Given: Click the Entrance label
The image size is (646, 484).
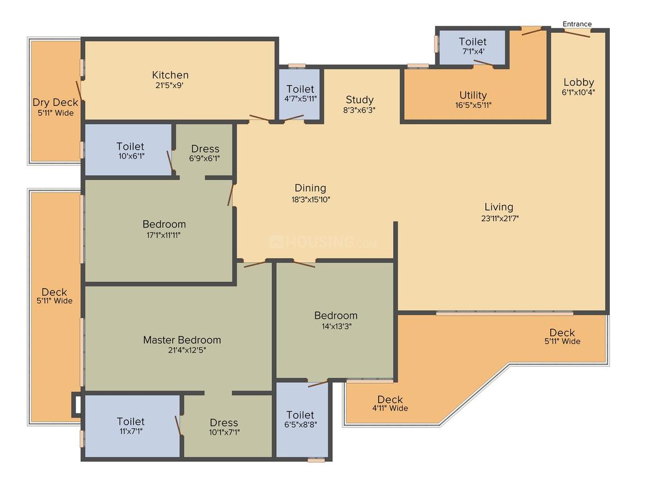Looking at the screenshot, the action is point(577,24).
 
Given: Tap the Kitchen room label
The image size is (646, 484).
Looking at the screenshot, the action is point(170,75).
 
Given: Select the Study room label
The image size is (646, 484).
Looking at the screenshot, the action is point(359,100).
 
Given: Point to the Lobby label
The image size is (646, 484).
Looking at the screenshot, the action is point(579,82).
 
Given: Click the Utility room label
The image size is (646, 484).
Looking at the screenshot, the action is point(473,95).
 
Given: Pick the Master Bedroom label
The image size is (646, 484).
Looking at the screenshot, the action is point(182,340).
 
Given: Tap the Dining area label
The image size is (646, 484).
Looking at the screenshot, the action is point(310,188).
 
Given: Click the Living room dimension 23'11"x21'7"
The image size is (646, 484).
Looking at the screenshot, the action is point(500,218).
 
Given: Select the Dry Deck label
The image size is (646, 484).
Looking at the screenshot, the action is point(55,102).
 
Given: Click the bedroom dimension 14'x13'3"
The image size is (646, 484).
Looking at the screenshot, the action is point(336,327).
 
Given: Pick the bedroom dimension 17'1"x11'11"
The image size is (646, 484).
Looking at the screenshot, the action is point(164,235).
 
